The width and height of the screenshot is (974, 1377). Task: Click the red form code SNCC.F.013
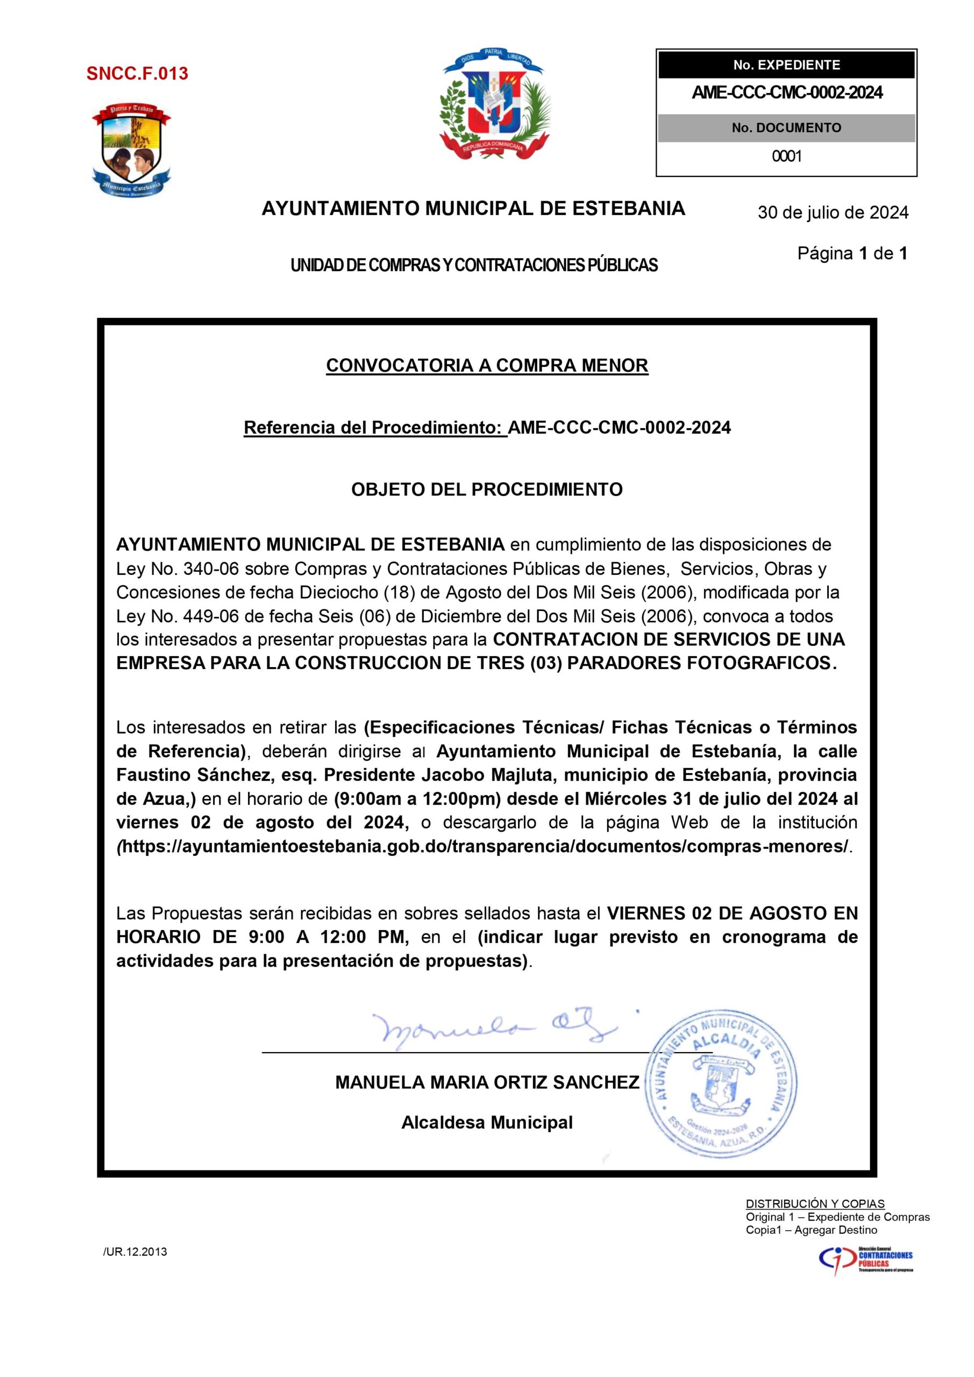(x=137, y=74)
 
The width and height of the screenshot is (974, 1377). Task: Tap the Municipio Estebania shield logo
(x=131, y=150)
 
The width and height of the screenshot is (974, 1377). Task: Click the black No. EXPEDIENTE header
(x=786, y=65)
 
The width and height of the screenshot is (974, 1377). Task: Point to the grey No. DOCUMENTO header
(x=786, y=127)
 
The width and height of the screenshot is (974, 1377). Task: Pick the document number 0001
(x=786, y=157)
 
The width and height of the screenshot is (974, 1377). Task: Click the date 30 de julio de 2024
(x=833, y=212)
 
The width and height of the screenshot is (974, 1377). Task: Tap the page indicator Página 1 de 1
(x=852, y=254)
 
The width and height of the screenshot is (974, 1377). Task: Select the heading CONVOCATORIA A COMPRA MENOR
(x=487, y=365)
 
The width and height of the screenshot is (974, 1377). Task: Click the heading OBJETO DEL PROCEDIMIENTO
(x=487, y=489)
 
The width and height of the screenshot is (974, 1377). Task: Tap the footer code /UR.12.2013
(x=135, y=1252)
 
